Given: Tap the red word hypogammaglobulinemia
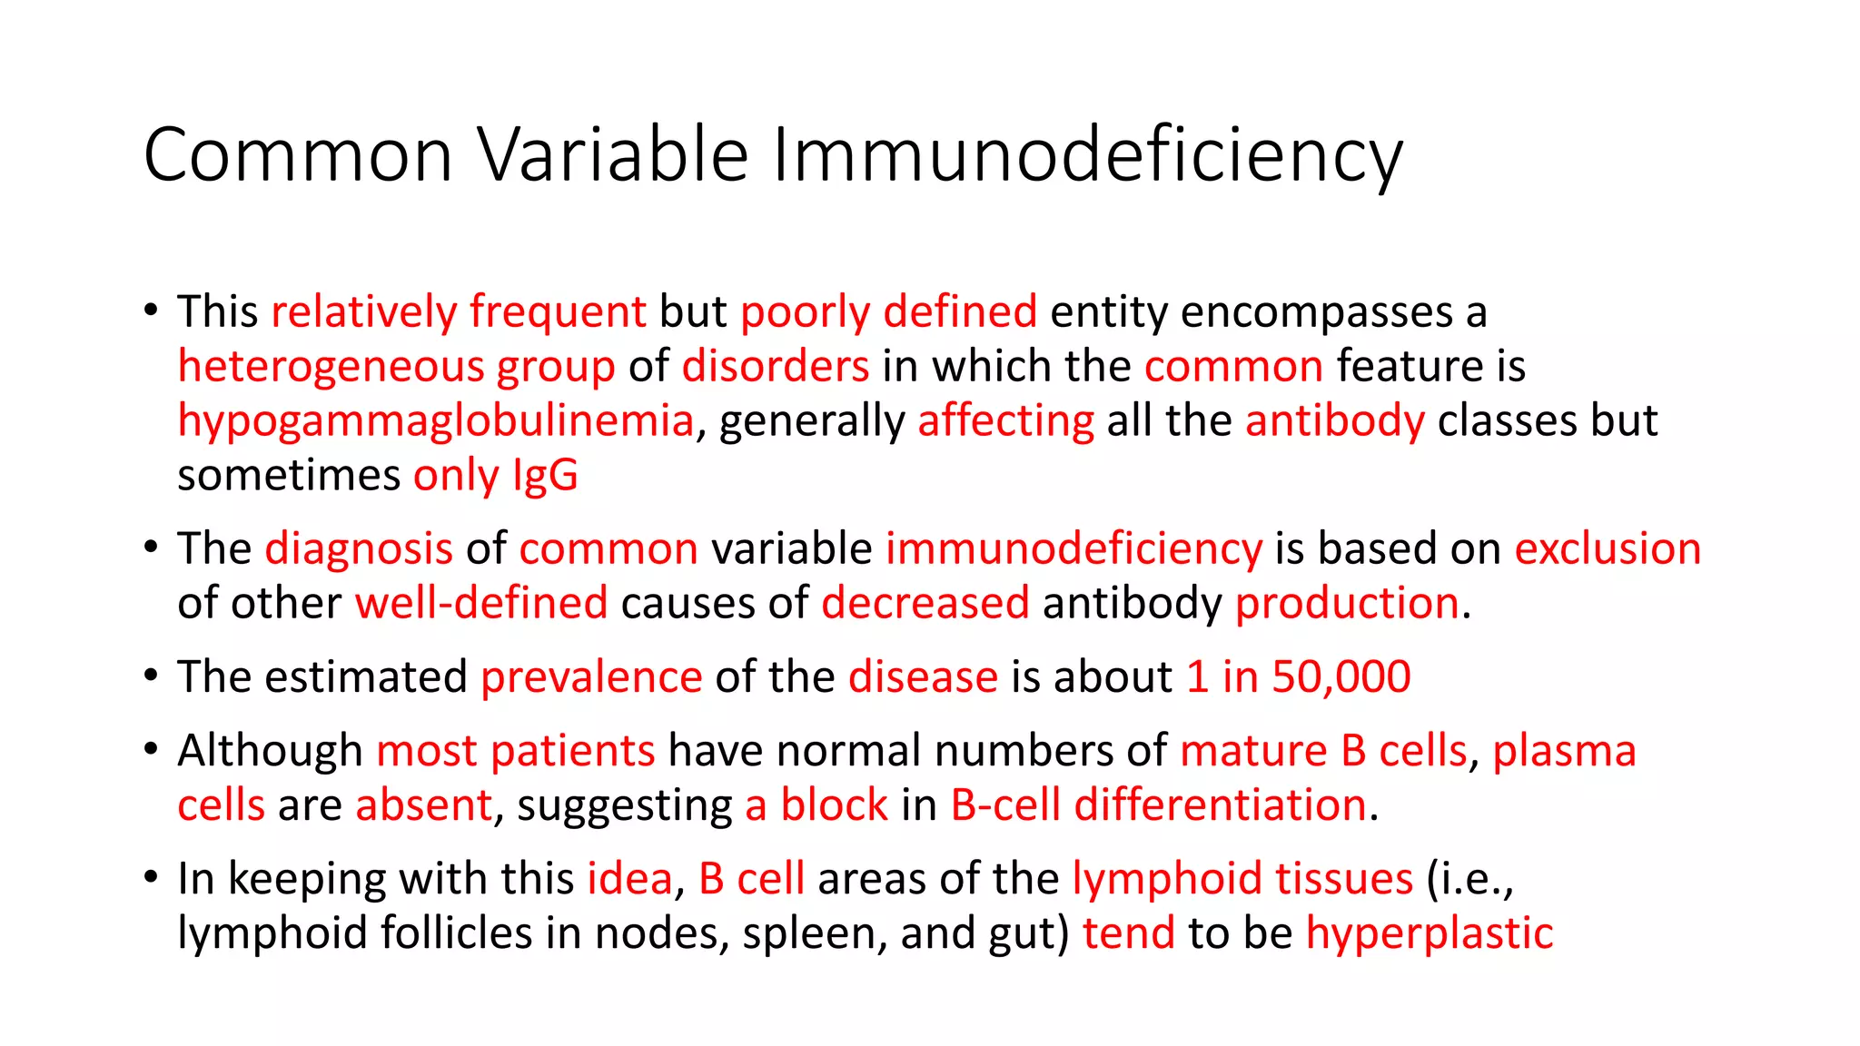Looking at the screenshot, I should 435,421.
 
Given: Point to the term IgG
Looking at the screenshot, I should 545,476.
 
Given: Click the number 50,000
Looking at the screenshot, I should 1341,677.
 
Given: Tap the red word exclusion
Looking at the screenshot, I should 1608,549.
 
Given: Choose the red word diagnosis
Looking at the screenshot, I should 359,549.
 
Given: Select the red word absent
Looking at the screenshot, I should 423,805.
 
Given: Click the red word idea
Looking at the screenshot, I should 629,879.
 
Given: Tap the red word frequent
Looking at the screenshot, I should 558,312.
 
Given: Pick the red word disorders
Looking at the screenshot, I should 776,367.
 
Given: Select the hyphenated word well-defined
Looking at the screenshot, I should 481,604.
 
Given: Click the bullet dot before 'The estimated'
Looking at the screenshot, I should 151,676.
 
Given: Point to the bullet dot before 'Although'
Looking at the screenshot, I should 151,750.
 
